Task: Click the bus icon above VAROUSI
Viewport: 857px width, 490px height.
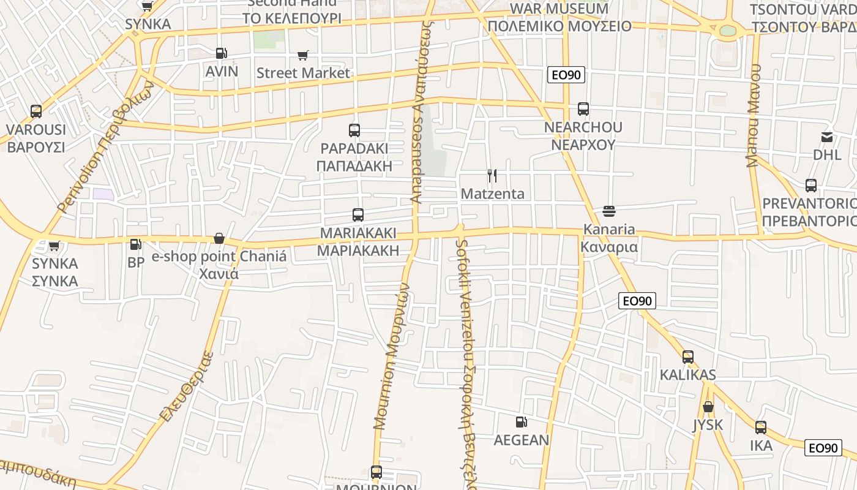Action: pos(36,111)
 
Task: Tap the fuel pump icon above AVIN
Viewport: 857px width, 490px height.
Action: pos(222,53)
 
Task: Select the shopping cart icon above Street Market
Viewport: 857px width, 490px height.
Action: pos(302,56)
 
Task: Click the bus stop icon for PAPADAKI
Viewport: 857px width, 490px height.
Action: pos(354,130)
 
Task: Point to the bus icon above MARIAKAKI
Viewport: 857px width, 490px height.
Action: pos(358,215)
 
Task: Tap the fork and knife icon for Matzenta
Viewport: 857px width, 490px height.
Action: pos(492,176)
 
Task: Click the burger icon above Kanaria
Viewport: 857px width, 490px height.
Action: pos(609,211)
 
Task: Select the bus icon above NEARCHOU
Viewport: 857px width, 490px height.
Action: pos(583,109)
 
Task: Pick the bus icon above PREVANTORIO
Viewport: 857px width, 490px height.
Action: pos(811,185)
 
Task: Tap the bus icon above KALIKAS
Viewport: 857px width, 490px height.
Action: pos(688,356)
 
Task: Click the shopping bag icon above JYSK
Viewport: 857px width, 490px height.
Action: pos(708,407)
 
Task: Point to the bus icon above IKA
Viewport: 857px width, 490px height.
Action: pos(761,428)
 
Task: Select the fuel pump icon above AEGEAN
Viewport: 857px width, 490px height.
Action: pos(521,421)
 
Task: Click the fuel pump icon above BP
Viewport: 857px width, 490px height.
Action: pos(135,244)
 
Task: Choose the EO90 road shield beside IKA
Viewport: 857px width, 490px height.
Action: pos(822,448)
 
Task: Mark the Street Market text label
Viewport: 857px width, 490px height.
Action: pos(303,73)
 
